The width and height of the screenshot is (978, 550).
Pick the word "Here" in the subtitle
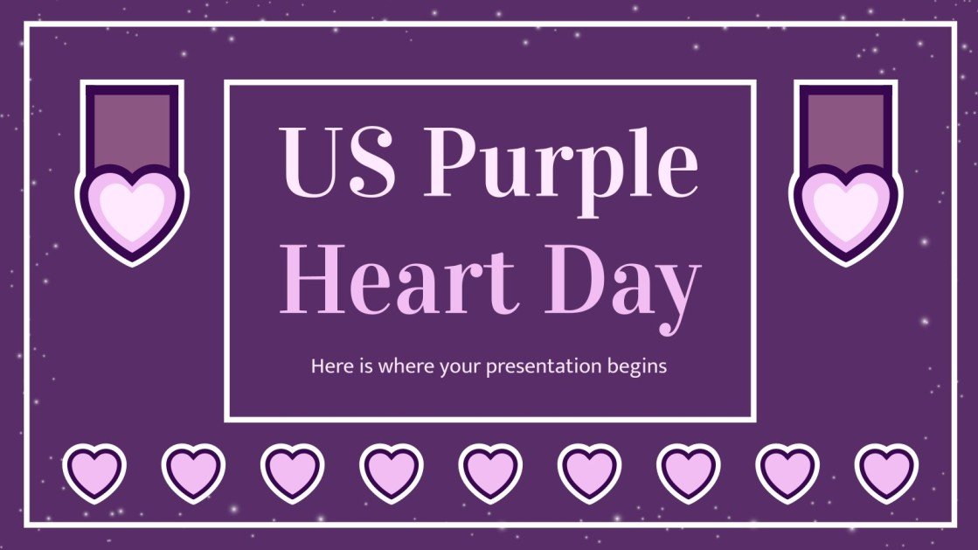coord(329,367)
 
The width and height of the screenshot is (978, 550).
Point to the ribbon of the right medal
coord(845,127)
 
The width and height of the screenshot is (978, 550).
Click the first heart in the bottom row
coord(94,474)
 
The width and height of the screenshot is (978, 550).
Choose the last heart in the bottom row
coord(885,474)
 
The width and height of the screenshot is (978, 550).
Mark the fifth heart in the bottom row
coord(490,474)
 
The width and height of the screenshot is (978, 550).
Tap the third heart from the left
coord(292,474)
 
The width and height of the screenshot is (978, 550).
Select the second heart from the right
coord(787,474)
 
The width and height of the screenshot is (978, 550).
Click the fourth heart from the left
coord(391,474)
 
